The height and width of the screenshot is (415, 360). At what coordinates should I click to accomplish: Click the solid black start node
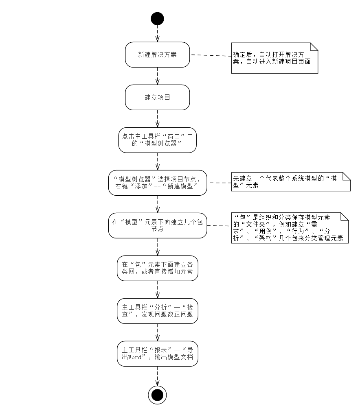pyautogui.click(x=157, y=19)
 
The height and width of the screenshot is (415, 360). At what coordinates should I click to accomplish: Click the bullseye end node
pyautogui.click(x=157, y=395)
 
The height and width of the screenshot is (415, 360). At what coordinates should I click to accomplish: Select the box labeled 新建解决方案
pyautogui.click(x=157, y=55)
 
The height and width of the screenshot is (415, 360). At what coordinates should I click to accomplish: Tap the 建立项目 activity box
pyautogui.click(x=157, y=97)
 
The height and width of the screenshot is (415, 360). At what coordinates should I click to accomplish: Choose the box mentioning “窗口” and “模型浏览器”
pyautogui.click(x=157, y=140)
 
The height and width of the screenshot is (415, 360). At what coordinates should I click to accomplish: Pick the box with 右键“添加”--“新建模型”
pyautogui.click(x=157, y=183)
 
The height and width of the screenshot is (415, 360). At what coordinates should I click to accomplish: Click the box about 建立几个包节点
pyautogui.click(x=157, y=225)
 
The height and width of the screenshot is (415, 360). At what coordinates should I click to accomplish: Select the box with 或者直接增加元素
pyautogui.click(x=157, y=268)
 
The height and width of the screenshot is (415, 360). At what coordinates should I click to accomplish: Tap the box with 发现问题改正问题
pyautogui.click(x=157, y=311)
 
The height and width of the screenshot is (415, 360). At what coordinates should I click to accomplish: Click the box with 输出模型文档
pyautogui.click(x=157, y=354)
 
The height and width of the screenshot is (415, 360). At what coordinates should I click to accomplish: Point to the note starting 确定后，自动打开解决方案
pyautogui.click(x=274, y=58)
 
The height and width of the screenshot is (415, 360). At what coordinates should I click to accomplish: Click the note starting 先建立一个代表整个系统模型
pyautogui.click(x=291, y=182)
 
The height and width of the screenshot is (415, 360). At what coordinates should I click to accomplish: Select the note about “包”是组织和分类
pyautogui.click(x=290, y=228)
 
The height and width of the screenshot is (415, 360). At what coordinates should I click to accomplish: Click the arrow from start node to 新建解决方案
pyautogui.click(x=157, y=34)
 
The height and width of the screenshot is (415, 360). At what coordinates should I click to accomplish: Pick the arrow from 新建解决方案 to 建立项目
pyautogui.click(x=157, y=76)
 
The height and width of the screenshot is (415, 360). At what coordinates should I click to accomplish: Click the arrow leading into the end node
pyautogui.click(x=157, y=376)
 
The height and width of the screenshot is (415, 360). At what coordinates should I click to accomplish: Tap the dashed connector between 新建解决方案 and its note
pyautogui.click(x=211, y=55)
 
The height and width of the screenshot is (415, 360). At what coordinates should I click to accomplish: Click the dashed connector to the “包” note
pyautogui.click(x=219, y=226)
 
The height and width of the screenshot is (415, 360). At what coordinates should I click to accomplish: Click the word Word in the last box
pyautogui.click(x=135, y=357)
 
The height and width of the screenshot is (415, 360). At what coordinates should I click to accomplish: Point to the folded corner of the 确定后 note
pyautogui.click(x=314, y=46)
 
